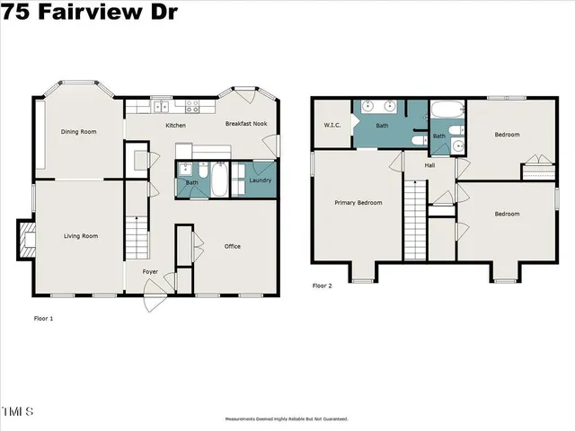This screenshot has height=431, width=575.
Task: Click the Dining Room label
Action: pos(78,132)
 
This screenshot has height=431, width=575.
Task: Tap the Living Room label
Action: pos(80,236)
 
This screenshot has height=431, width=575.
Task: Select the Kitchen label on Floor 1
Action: pos(176,125)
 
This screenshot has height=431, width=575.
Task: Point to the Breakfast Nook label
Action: pos(246,125)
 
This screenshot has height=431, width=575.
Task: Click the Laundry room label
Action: pos(261,180)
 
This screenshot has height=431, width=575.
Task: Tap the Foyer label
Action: pos(151,270)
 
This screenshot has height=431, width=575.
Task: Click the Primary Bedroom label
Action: pos(358,202)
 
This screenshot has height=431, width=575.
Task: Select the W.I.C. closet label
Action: pos(331,126)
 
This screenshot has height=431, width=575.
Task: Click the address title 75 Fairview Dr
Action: pos(90,12)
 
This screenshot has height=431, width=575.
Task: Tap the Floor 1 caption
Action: pos(44,319)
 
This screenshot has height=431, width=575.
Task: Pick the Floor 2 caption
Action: pos(323,286)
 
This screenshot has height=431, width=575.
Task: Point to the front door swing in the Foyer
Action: pos(154,296)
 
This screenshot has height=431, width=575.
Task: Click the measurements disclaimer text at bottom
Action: pos(287,419)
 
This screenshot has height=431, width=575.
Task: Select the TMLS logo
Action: pos(17,411)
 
